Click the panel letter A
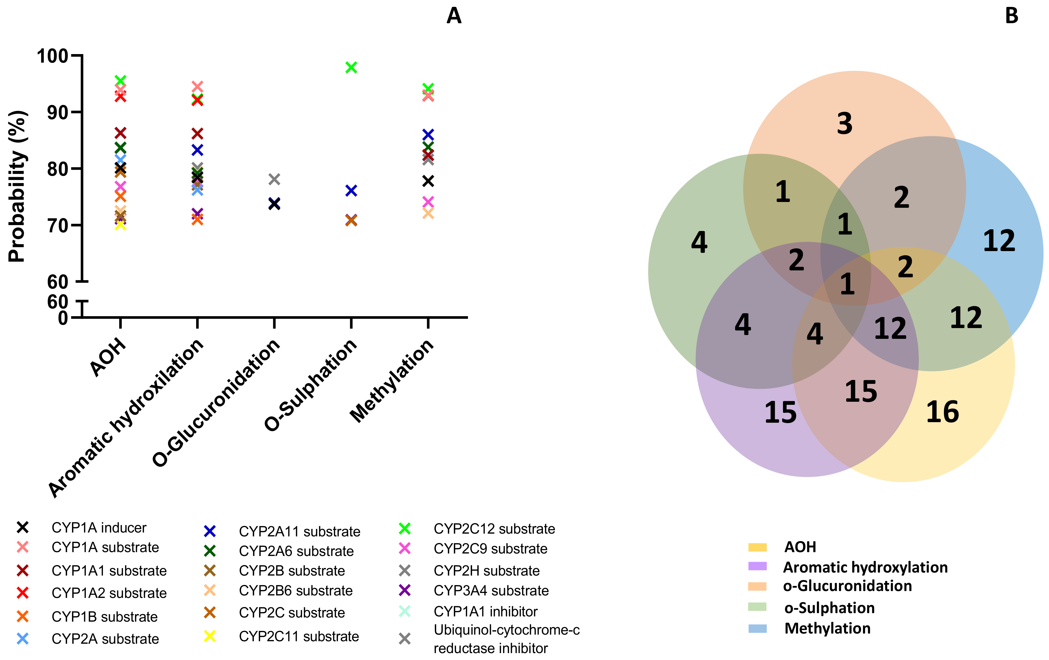[454, 16]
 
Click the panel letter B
[1011, 16]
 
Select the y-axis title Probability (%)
[17, 187]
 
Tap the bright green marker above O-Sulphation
[351, 68]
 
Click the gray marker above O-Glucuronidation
[274, 179]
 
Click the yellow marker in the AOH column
[120, 225]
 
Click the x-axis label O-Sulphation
[311, 385]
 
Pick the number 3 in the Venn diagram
[844, 124]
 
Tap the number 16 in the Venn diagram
[942, 412]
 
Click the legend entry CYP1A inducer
[98, 528]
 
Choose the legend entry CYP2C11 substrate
[299, 637]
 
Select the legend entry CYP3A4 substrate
[491, 591]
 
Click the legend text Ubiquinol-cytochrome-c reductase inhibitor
[506, 639]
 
